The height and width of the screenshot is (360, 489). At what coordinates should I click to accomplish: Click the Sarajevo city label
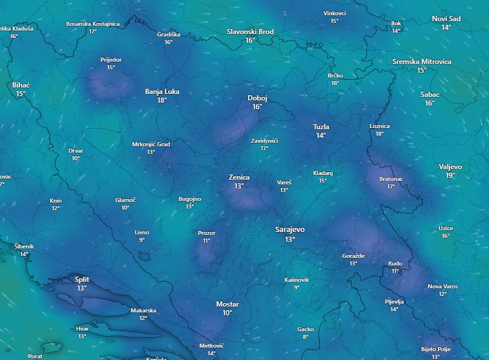click(290, 230)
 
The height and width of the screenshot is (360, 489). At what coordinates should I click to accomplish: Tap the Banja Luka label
click(162, 92)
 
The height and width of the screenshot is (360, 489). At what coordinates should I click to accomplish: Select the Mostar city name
click(227, 304)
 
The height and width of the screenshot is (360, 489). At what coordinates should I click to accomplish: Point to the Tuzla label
click(321, 127)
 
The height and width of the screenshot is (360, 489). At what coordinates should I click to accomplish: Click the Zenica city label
click(239, 177)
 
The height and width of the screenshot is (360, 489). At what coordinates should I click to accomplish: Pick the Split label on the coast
click(82, 280)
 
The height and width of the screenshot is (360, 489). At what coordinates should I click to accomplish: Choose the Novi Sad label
click(446, 19)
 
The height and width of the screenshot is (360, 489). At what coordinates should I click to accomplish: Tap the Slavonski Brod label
click(250, 31)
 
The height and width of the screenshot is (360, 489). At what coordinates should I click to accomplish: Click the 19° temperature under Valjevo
click(450, 176)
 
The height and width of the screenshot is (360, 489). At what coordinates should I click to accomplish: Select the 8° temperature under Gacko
click(306, 337)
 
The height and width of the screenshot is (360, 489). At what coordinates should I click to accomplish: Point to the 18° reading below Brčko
click(335, 83)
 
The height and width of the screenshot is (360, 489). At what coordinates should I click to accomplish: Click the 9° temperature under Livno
click(142, 240)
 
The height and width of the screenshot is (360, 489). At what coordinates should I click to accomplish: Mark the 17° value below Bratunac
click(391, 187)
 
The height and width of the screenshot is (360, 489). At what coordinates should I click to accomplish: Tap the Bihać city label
click(21, 85)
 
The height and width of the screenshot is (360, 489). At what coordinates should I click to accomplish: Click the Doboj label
click(257, 98)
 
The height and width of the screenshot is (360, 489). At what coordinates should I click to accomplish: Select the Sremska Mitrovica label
click(422, 62)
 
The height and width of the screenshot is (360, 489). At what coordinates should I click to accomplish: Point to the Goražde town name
click(353, 256)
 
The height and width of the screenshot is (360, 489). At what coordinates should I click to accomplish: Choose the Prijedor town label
click(111, 60)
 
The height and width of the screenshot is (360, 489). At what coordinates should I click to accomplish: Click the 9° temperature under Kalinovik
click(297, 288)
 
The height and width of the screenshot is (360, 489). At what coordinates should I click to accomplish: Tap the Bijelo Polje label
click(436, 349)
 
